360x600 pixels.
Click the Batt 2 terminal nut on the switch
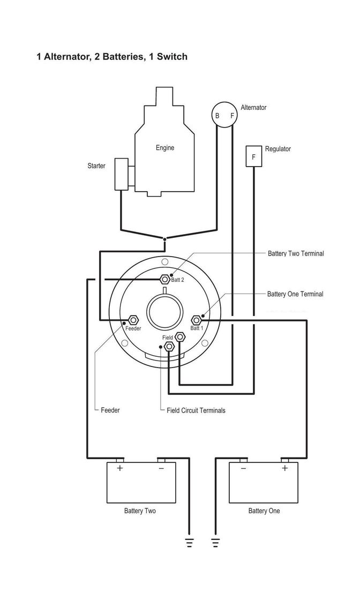(x=164, y=279)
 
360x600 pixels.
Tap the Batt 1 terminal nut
(x=197, y=319)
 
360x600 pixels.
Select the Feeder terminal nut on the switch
(x=133, y=319)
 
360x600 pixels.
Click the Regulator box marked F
(x=253, y=156)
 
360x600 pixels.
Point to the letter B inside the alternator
(x=217, y=115)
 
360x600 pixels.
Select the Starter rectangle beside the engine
(x=121, y=174)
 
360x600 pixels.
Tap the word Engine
(x=165, y=148)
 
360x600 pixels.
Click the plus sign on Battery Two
(x=120, y=468)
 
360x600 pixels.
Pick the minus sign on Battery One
(x=243, y=468)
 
